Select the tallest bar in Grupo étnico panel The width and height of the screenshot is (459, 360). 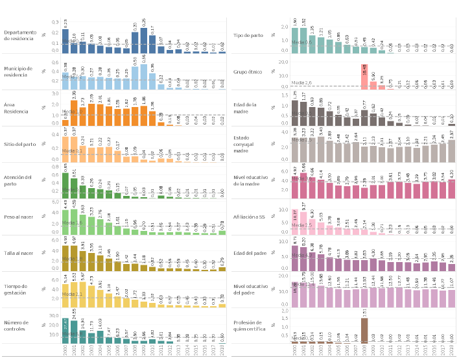coord(365,76)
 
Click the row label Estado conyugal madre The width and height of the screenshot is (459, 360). coord(249,143)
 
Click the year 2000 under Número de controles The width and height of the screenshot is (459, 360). coord(65,350)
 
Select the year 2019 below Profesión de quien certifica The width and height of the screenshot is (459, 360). coord(452,350)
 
